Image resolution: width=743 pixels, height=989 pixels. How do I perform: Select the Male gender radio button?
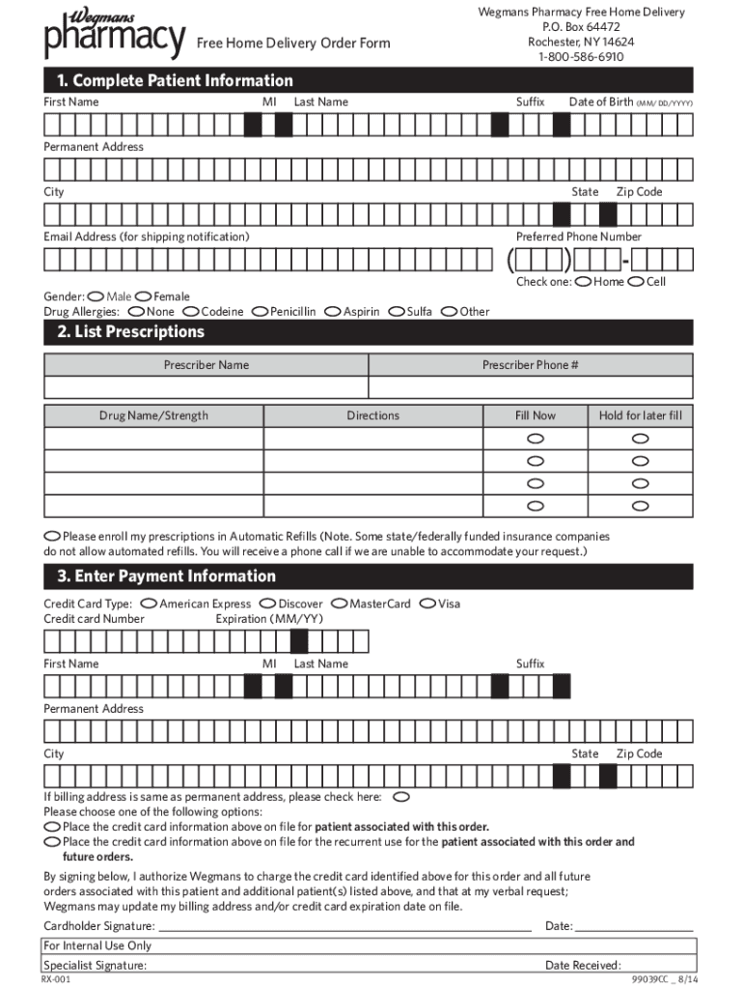(x=96, y=297)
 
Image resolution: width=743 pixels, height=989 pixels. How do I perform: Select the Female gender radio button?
(x=144, y=297)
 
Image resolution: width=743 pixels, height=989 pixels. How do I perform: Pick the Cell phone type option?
(x=636, y=282)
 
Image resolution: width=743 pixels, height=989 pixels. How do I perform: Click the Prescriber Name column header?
(x=206, y=365)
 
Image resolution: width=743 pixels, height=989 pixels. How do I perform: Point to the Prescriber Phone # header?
(x=530, y=365)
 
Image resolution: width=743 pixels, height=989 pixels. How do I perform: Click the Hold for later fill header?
(x=640, y=415)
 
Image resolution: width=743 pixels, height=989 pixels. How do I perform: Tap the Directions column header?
(x=372, y=415)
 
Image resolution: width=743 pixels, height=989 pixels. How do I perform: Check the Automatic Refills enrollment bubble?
(x=52, y=536)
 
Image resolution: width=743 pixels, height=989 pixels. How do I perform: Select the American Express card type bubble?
(x=149, y=604)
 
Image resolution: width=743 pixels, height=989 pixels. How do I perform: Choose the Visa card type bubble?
(x=428, y=604)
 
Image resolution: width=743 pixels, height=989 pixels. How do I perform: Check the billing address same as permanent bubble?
(x=401, y=797)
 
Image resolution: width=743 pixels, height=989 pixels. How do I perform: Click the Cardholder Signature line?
(x=344, y=925)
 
